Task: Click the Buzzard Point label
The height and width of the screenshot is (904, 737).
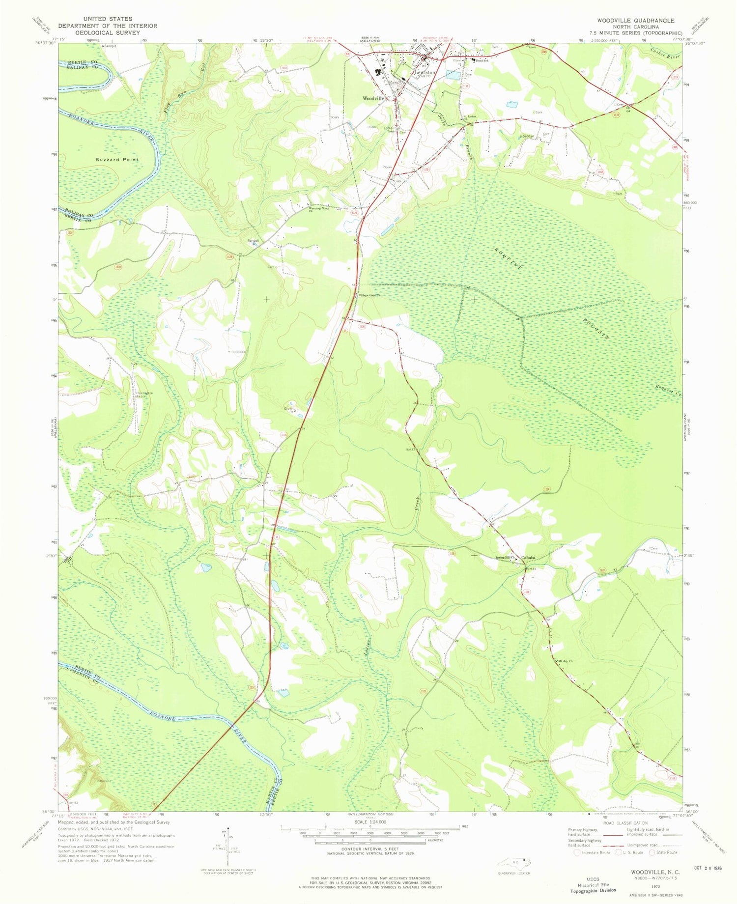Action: [x=117, y=160]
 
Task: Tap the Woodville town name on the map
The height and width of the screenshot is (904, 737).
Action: [x=374, y=98]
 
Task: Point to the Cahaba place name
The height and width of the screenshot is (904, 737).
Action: [x=528, y=557]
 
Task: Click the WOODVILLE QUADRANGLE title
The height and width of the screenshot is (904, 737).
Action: [x=636, y=20]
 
